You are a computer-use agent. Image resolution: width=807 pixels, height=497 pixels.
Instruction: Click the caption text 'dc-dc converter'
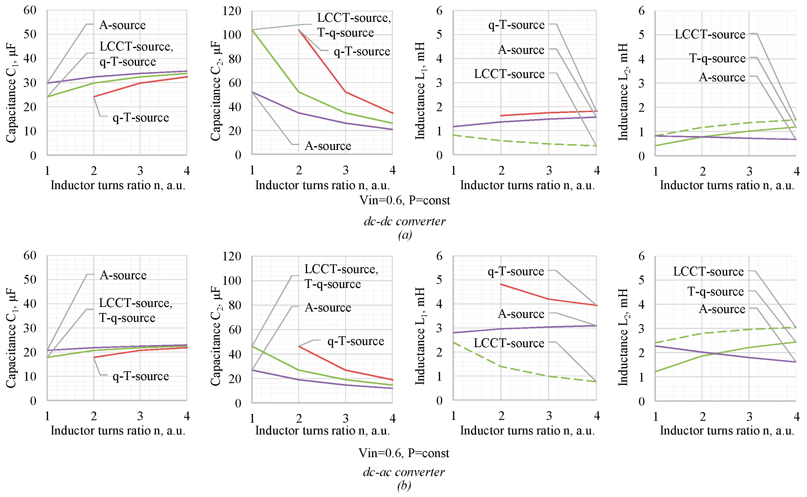click(404, 221)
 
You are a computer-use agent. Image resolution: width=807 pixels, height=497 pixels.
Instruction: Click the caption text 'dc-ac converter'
click(404, 472)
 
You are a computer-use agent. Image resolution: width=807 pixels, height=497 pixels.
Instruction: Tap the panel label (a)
click(405, 235)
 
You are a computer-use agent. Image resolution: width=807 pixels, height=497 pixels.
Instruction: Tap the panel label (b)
click(404, 486)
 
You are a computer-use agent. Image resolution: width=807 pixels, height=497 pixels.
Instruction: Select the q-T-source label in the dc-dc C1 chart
click(141, 117)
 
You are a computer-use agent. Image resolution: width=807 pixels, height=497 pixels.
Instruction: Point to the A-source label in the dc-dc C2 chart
click(328, 146)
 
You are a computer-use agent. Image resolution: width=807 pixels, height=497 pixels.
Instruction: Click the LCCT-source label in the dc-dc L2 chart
click(710, 34)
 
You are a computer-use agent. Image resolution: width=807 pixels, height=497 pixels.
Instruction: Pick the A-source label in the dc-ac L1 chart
click(521, 314)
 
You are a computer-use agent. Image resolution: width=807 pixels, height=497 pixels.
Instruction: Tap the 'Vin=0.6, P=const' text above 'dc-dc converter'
click(404, 200)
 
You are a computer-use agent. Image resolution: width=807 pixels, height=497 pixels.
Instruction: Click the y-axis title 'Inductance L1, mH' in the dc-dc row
click(420, 90)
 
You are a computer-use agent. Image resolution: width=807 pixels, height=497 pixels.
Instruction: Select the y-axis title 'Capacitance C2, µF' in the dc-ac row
click(216, 336)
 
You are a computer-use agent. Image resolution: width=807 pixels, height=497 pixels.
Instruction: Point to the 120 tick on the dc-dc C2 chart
click(232, 11)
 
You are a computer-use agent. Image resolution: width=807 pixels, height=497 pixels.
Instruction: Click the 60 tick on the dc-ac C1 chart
click(30, 255)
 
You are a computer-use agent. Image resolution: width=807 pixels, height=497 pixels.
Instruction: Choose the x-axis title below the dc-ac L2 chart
click(727, 430)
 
